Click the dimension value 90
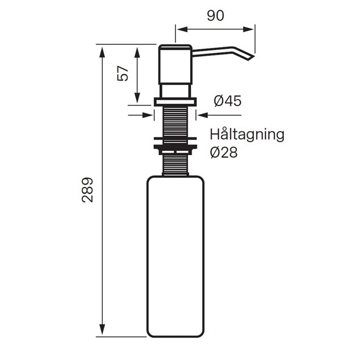(215, 16)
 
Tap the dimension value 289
(87, 190)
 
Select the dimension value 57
(123, 73)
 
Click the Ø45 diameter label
(228, 101)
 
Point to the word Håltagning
(247, 135)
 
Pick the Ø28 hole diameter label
(224, 152)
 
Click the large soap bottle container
(175, 257)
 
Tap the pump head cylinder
(175, 65)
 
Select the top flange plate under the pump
(175, 102)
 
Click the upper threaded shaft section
(175, 121)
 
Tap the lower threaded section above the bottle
(175, 165)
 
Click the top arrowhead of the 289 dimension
(102, 52)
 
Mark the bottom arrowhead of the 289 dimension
(102, 330)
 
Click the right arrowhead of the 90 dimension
(248, 30)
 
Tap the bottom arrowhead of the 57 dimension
(137, 98)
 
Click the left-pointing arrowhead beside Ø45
(203, 115)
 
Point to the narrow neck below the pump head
(175, 91)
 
